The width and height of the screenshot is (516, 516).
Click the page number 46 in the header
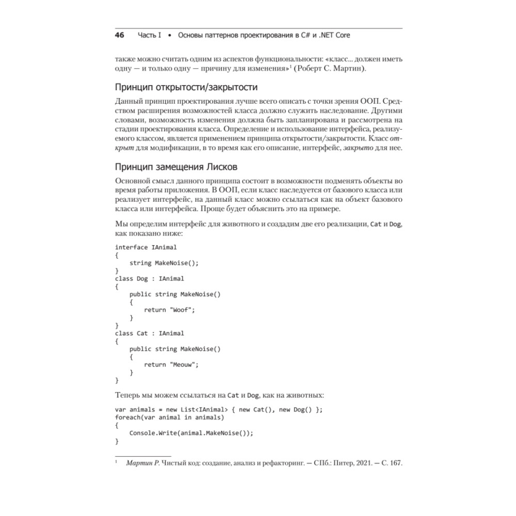point(120,36)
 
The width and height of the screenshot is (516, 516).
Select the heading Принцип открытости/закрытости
point(186,86)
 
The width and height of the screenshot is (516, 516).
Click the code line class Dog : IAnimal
point(149,279)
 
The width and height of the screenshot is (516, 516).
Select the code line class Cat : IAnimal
point(149,333)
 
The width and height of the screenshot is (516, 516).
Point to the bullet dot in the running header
point(170,36)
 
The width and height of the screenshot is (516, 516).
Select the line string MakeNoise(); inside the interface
point(164,263)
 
